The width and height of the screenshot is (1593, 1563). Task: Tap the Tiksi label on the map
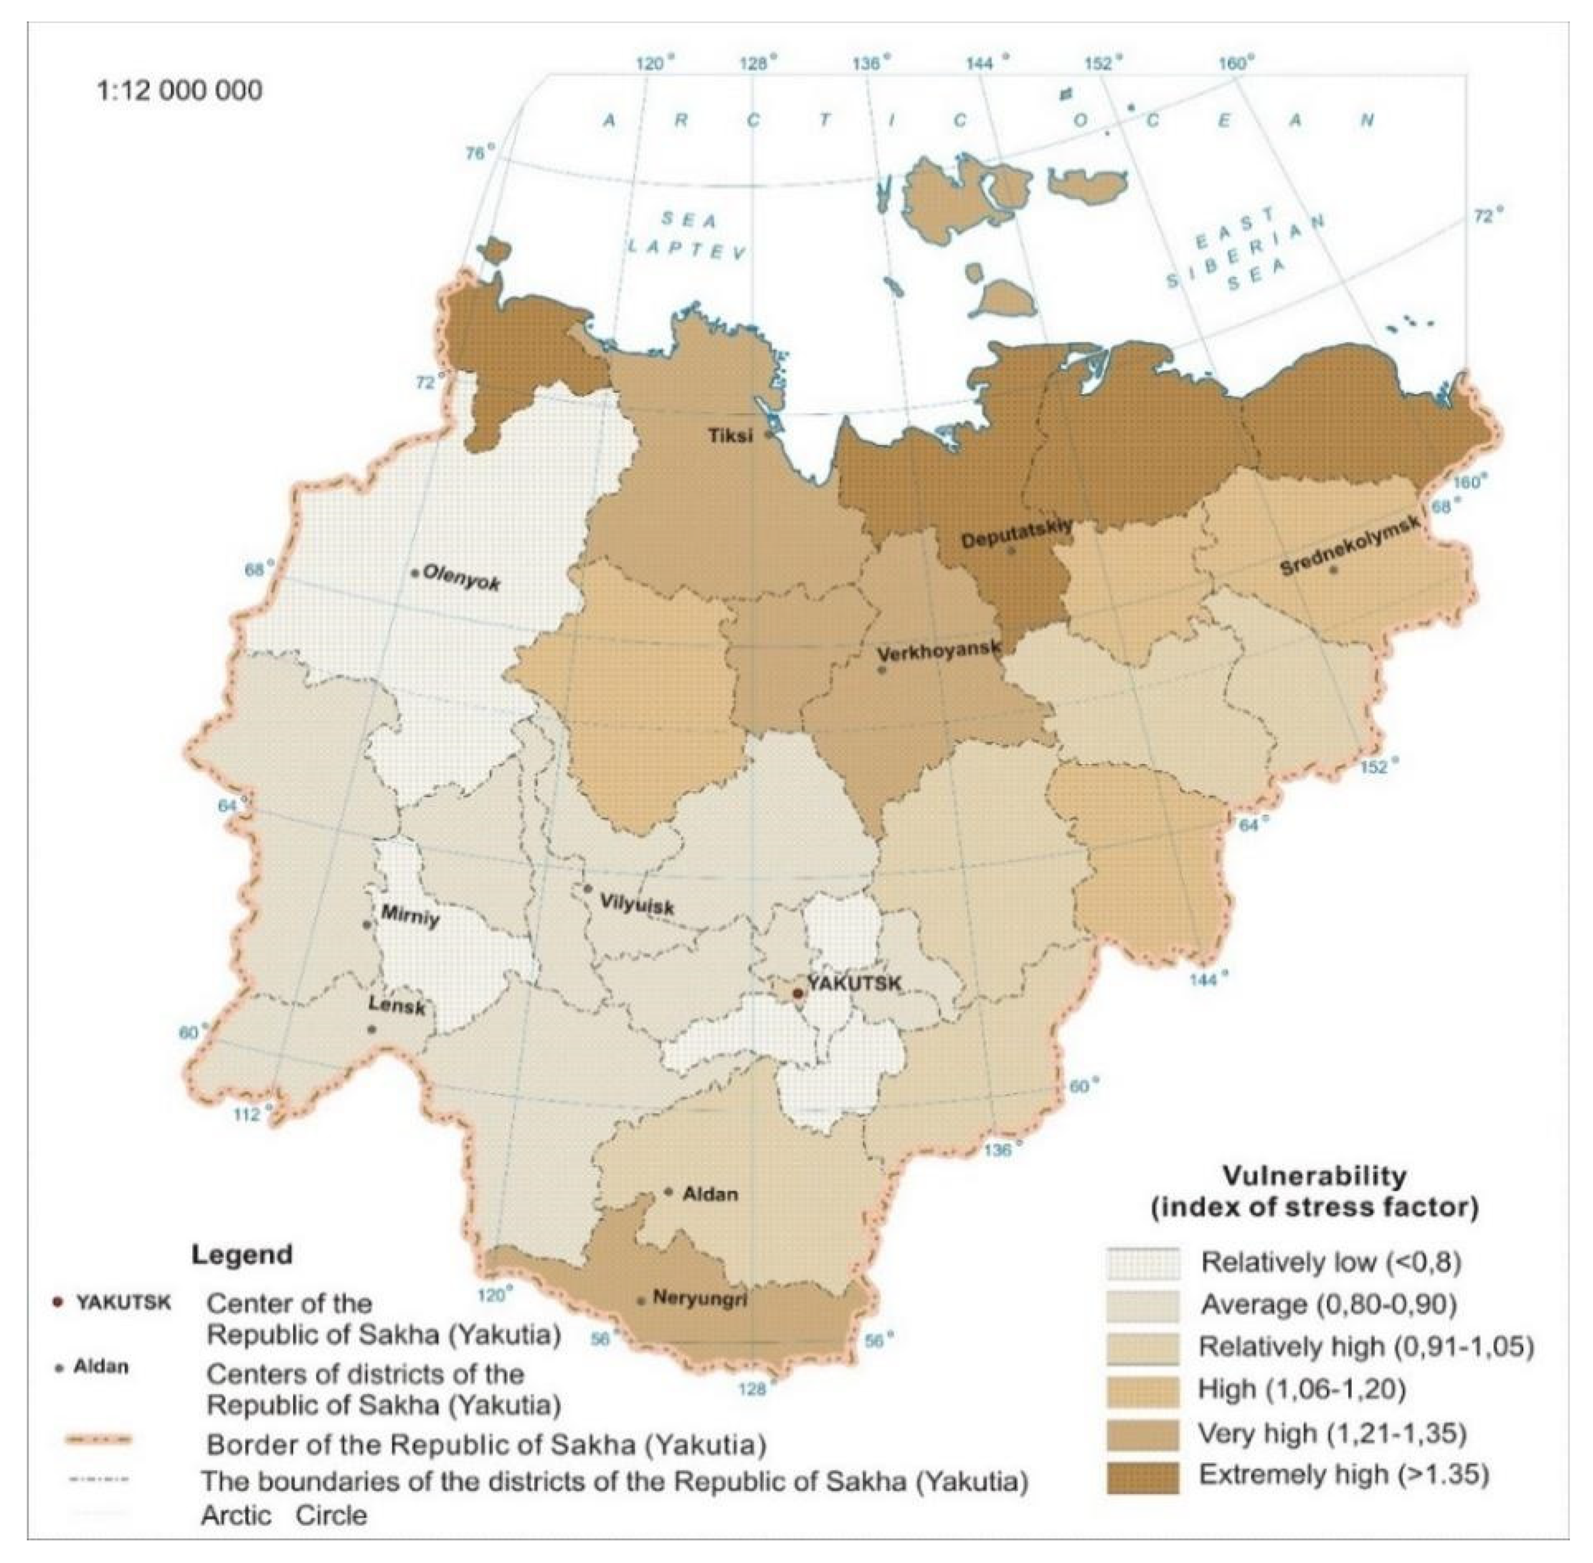tap(730, 436)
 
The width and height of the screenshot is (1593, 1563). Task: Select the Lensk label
tap(397, 1006)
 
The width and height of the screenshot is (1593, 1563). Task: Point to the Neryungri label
tap(700, 1299)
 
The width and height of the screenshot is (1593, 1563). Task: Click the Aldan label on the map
tap(710, 1193)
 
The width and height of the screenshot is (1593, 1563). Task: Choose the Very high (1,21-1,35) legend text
tap(1331, 1433)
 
